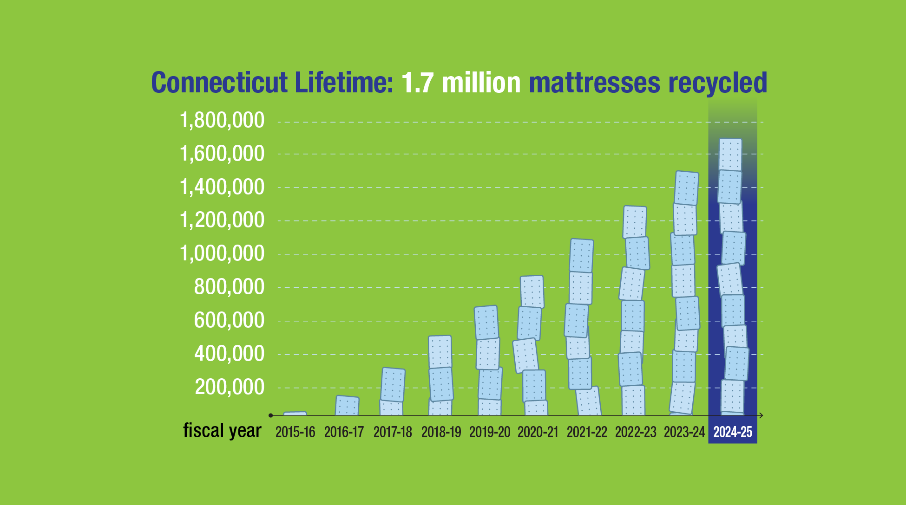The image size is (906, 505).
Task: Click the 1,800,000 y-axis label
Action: click(222, 121)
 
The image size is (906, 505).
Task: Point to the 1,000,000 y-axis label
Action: click(222, 254)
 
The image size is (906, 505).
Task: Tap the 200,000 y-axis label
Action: click(230, 387)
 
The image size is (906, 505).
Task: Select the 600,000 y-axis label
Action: click(229, 320)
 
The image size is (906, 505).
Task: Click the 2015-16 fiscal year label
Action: click(295, 432)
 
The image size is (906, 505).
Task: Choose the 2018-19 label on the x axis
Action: click(441, 432)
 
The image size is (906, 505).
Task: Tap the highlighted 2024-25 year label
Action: click(733, 432)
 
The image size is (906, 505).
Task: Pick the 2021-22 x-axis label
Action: click(587, 432)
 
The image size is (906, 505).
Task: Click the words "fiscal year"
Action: click(222, 430)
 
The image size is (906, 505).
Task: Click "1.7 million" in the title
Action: click(460, 83)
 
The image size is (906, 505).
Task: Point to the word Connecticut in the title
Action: click(219, 83)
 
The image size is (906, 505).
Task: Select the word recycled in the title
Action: click(717, 83)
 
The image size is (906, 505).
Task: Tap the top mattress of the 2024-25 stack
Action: click(730, 155)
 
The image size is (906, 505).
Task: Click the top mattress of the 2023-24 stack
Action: click(686, 188)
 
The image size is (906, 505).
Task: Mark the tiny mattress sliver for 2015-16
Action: click(295, 413)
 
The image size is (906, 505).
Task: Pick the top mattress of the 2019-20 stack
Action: click(486, 322)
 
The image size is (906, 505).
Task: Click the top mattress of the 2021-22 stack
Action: click(581, 255)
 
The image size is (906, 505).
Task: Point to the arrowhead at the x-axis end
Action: click(761, 415)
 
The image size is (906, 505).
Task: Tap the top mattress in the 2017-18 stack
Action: click(393, 384)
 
